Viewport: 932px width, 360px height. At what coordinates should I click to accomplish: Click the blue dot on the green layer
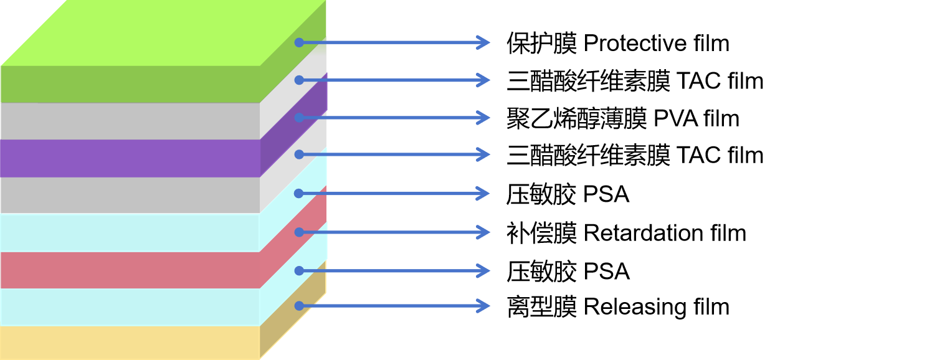pyautogui.click(x=299, y=42)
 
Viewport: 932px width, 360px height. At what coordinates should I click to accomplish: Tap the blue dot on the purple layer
pyautogui.click(x=299, y=118)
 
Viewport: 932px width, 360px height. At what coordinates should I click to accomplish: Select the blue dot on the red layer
pyautogui.click(x=299, y=232)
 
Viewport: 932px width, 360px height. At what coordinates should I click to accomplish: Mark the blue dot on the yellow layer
pyautogui.click(x=299, y=306)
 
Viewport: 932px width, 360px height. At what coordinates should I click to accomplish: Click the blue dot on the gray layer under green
pyautogui.click(x=299, y=80)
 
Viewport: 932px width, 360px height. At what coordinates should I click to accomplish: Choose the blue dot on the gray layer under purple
pyautogui.click(x=299, y=154)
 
